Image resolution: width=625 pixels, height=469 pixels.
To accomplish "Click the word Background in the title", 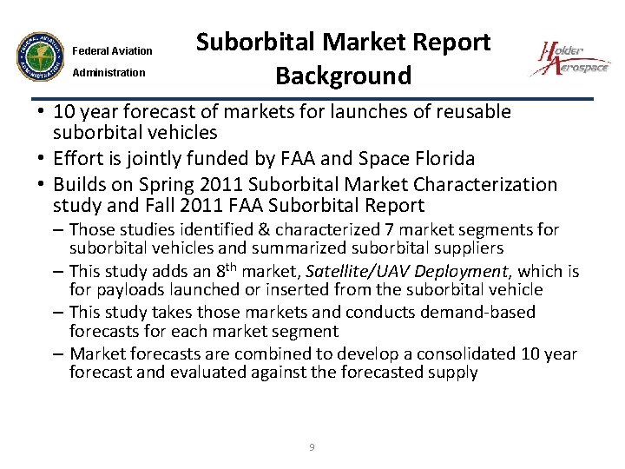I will click(343, 76).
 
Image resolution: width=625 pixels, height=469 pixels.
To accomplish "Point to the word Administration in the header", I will click(109, 73).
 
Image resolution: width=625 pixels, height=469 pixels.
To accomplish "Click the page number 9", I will click(312, 447).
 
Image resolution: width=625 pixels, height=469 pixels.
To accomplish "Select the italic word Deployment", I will click(464, 272).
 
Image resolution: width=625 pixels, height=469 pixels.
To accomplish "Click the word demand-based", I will click(480, 312).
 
